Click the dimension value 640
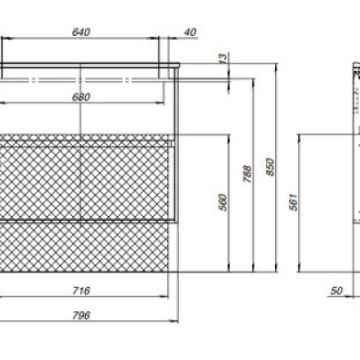(81, 32)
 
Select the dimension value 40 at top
(191, 32)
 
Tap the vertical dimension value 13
(223, 58)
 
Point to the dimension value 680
(81, 97)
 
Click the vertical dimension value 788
(247, 174)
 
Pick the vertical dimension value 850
(270, 166)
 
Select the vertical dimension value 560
(223, 202)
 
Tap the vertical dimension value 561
(294, 202)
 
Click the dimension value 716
(81, 291)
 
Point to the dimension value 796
(81, 316)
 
